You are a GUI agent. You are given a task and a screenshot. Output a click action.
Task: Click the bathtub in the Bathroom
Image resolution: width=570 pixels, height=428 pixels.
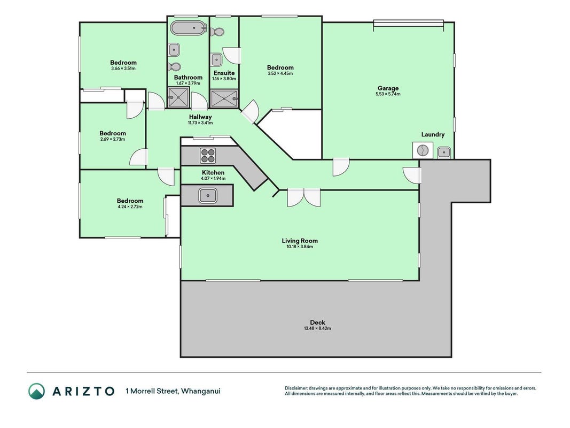click(x=189, y=28)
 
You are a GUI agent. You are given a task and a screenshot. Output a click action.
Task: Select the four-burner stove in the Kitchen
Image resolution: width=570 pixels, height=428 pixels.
click(x=208, y=156)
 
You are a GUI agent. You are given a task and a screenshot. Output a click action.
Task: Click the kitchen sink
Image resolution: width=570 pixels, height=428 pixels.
click(x=208, y=196)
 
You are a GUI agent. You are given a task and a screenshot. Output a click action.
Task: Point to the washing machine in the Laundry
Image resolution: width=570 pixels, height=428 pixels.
click(x=423, y=150)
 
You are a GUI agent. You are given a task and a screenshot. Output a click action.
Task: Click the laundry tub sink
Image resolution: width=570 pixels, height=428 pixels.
click(x=444, y=152)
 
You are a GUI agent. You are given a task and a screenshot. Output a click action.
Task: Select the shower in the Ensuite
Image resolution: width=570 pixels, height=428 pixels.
click(x=224, y=98)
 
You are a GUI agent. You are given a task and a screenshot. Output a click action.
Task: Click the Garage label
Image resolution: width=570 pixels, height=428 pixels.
click(x=388, y=88)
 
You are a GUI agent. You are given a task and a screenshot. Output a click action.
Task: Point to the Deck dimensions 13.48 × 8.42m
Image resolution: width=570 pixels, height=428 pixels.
click(x=317, y=328)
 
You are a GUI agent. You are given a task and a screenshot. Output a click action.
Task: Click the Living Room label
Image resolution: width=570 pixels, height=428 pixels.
click(x=300, y=241)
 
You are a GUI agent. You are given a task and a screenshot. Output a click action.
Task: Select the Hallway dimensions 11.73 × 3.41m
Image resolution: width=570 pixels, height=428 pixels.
click(x=200, y=123)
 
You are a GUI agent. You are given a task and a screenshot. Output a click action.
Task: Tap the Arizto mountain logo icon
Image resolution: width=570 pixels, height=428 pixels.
click(x=37, y=391)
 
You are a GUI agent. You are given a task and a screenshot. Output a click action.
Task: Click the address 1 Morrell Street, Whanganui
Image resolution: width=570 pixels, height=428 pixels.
click(x=173, y=391)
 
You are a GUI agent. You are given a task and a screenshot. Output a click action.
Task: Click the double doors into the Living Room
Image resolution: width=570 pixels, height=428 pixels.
click(x=304, y=197)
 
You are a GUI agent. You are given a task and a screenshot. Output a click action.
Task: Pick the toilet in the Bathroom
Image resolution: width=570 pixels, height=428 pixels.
click(x=175, y=66)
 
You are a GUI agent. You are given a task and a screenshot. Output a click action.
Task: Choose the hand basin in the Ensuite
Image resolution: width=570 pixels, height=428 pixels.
click(x=216, y=60)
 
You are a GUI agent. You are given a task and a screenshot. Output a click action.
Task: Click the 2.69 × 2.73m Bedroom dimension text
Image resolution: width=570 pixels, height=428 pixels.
click(x=113, y=140)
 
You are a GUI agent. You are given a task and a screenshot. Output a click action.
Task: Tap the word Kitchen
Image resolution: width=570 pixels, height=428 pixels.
click(x=213, y=172)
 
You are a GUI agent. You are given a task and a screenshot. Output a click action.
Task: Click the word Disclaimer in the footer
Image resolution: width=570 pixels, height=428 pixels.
click(x=296, y=388)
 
